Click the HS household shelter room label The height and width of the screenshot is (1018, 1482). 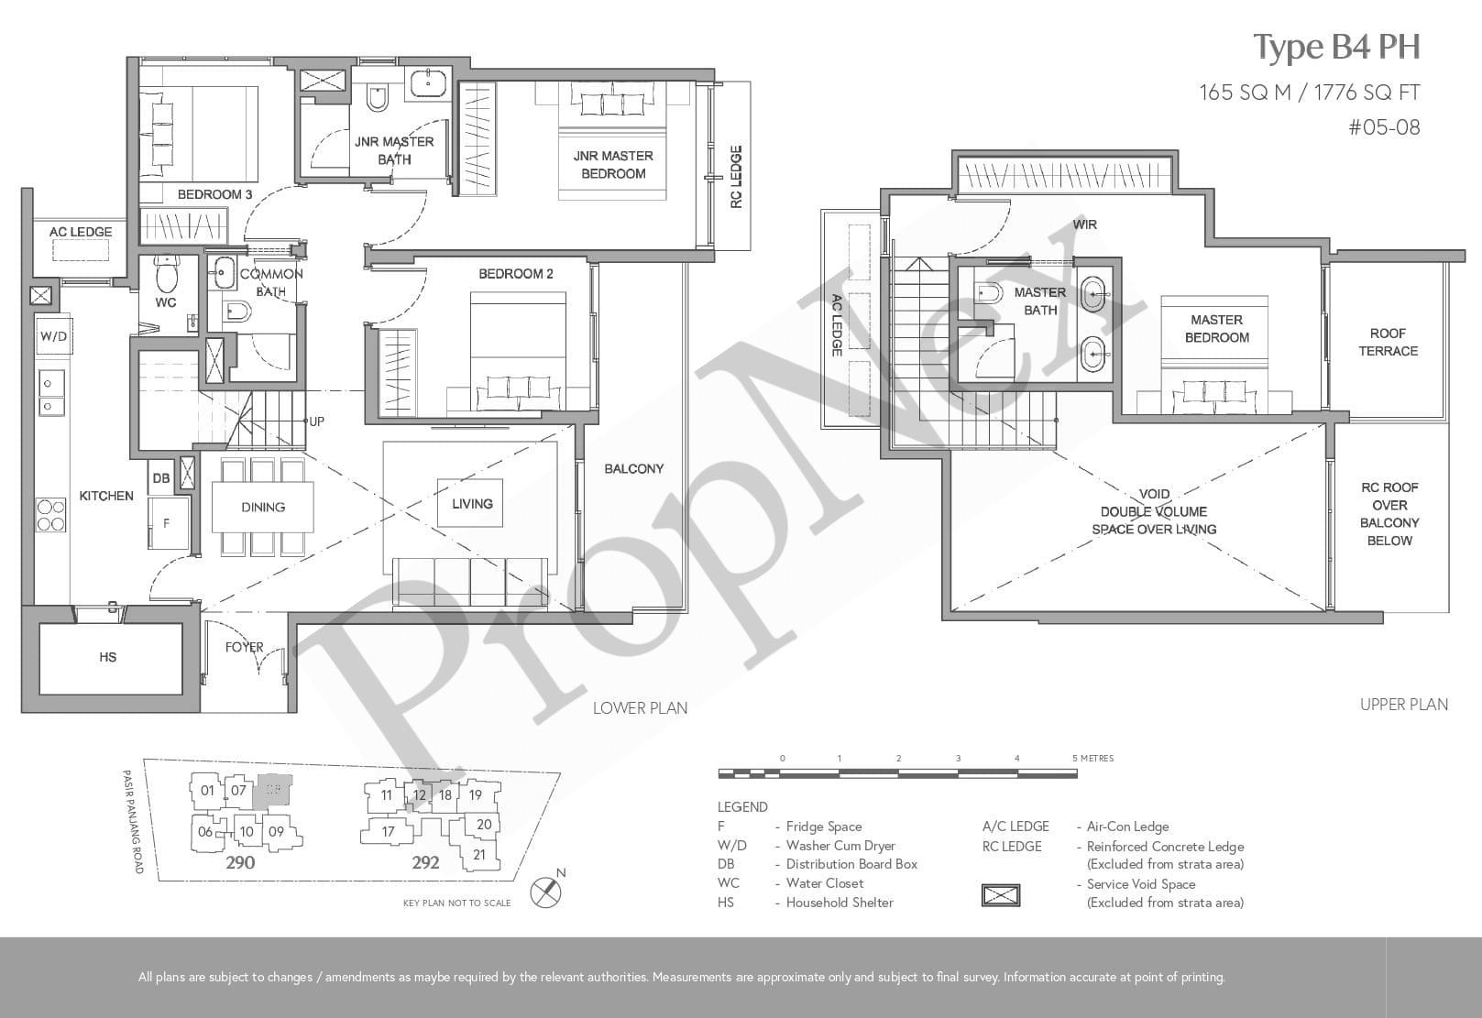[x=108, y=657]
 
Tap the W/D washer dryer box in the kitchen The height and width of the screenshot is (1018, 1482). [x=53, y=336]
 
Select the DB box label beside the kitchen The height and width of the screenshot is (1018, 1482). [x=161, y=478]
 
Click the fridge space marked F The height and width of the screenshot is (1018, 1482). [x=168, y=522]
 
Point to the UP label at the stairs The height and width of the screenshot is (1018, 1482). [x=317, y=421]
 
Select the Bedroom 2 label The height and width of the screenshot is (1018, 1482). [x=515, y=274]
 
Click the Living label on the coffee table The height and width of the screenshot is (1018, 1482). [x=472, y=504]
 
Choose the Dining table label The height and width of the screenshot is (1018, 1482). [x=263, y=508]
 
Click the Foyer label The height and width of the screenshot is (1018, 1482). [x=244, y=647]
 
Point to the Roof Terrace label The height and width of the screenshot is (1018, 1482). [x=1388, y=342]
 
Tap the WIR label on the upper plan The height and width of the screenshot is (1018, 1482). [x=1084, y=224]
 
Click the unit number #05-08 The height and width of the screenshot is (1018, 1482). [x=1384, y=127]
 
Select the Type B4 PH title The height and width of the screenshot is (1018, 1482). [x=1336, y=48]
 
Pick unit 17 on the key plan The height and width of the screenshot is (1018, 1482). [x=388, y=831]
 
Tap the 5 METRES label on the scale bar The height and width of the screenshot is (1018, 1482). [x=1093, y=758]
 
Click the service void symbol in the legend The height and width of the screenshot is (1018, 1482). [x=1001, y=895]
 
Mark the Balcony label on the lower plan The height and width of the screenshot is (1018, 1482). [x=634, y=469]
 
